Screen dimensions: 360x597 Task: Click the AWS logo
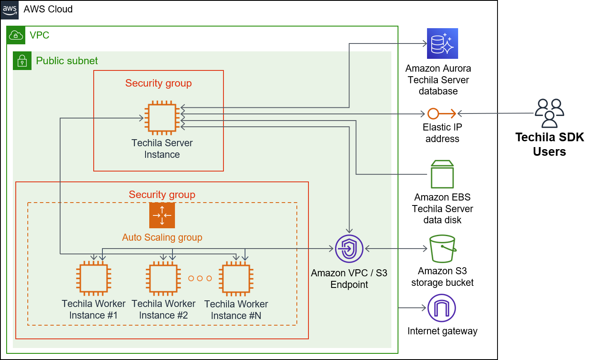click(x=10, y=10)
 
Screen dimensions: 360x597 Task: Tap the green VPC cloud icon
click(x=16, y=35)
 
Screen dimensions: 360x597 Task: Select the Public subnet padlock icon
click(x=22, y=61)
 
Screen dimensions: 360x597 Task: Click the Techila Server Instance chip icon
click(x=162, y=118)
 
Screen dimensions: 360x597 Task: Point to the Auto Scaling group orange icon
click(x=162, y=215)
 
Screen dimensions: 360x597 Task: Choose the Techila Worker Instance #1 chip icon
click(x=94, y=278)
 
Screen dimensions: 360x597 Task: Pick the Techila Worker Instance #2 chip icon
click(x=163, y=278)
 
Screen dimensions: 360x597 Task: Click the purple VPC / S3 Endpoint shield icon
click(x=349, y=249)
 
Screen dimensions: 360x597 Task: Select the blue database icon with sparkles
click(x=442, y=43)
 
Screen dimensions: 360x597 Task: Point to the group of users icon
click(x=549, y=113)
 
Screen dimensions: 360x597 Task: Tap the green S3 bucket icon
click(x=442, y=249)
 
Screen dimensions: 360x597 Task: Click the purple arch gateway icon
click(x=442, y=308)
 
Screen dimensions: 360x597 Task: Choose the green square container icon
click(x=442, y=174)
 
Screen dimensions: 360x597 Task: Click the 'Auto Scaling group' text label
click(x=162, y=237)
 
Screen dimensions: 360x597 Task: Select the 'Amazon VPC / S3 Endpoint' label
click(x=349, y=279)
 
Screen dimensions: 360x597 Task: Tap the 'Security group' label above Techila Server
click(x=158, y=83)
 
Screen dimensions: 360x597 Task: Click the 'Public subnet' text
click(x=67, y=61)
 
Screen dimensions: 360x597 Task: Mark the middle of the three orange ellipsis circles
click(x=200, y=278)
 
